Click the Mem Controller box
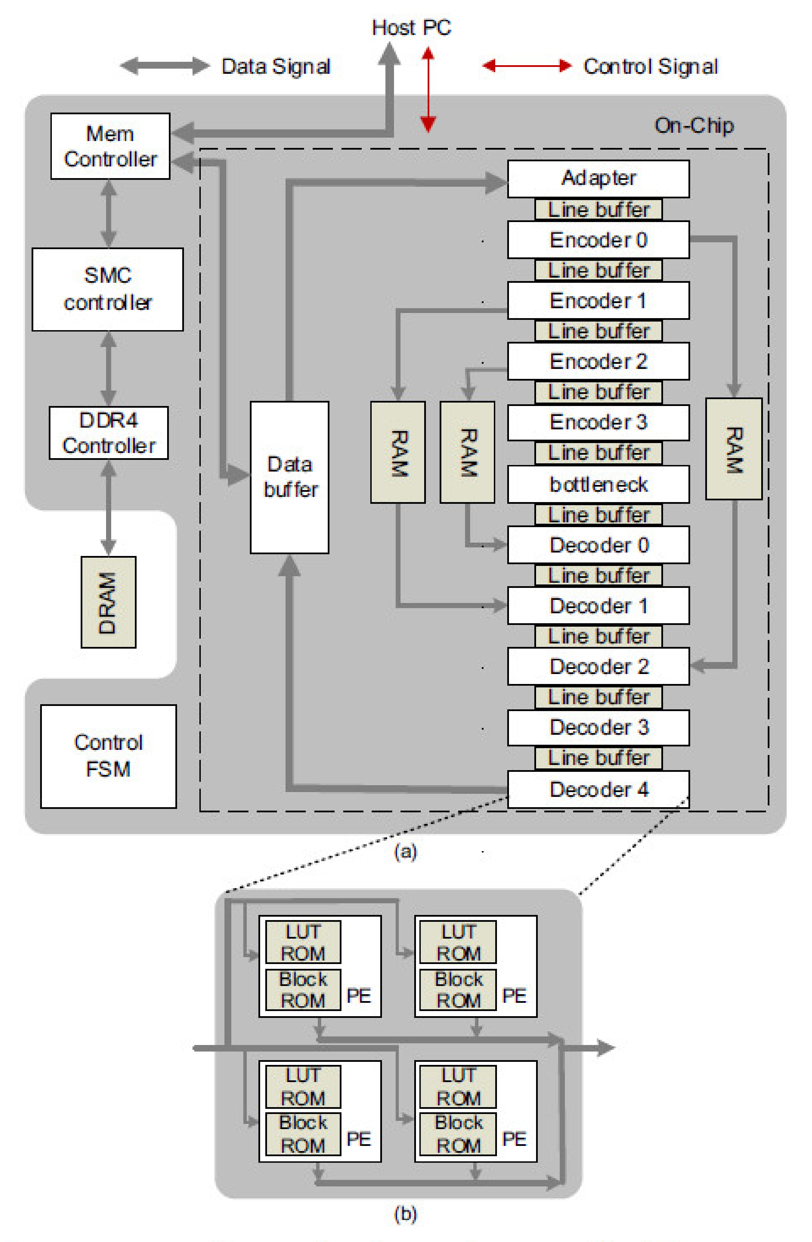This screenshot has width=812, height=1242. tap(110, 146)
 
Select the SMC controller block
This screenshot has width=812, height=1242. tap(107, 289)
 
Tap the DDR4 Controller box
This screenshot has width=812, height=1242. tap(108, 433)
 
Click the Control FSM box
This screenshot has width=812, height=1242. tap(108, 756)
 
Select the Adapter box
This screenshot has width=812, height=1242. tap(598, 178)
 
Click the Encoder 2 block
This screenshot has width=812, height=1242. tap(598, 361)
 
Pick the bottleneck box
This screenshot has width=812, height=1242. tap(598, 484)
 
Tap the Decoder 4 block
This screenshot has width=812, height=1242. tap(598, 789)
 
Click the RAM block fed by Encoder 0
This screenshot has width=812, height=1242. tap(733, 449)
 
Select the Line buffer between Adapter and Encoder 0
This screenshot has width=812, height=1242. tap(598, 209)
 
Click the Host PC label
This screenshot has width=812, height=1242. tap(411, 27)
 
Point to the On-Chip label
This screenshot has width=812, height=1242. tap(694, 125)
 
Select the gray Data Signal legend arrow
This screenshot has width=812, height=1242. tap(164, 66)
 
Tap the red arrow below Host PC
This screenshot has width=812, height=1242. tap(428, 89)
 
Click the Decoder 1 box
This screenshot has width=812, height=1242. tap(598, 605)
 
